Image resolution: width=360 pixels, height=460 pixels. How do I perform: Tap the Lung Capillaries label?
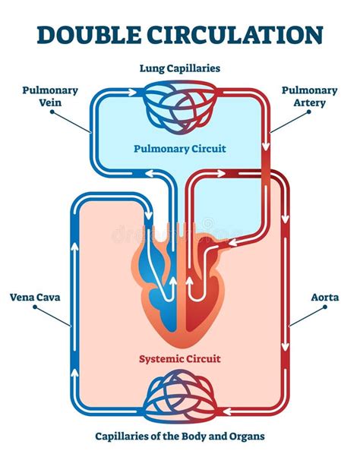coord(180,68)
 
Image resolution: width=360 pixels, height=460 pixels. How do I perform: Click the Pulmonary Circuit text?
coord(179,149)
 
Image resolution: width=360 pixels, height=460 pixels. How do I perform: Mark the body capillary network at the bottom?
coord(180,395)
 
